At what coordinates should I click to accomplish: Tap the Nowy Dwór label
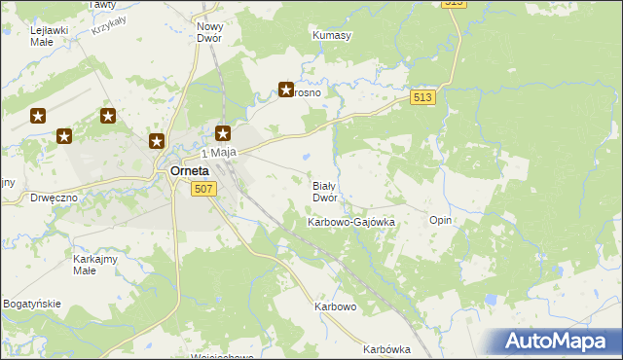point(209,32)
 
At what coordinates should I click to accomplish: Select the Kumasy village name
point(331,35)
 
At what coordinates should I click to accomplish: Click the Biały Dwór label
point(324,191)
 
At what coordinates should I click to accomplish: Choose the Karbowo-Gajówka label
point(350,222)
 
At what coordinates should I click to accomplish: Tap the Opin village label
point(440,220)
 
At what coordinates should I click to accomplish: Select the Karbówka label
point(386,349)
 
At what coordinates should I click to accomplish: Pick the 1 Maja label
point(219,154)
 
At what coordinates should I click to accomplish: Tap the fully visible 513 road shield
point(422,97)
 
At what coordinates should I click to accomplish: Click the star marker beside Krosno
point(286,90)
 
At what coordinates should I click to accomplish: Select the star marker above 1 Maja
point(223,134)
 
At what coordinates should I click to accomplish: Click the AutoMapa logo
point(552,342)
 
